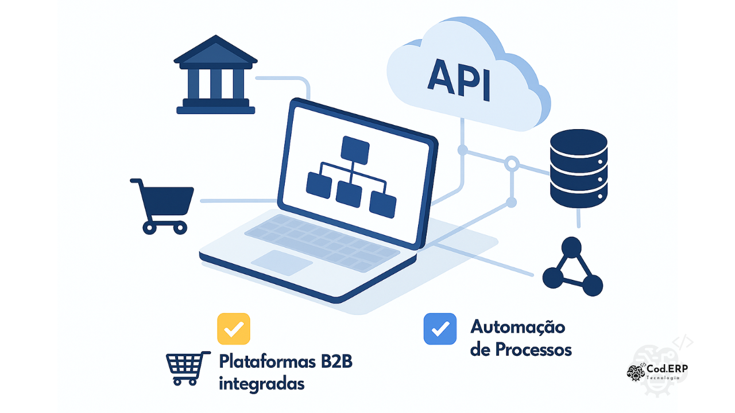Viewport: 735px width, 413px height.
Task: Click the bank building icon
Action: [x=215, y=76]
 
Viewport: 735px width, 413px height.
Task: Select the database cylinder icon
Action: [x=578, y=168]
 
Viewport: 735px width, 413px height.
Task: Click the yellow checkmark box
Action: [x=233, y=329]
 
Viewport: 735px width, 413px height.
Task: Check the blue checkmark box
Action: [x=440, y=329]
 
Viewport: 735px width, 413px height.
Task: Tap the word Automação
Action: [x=517, y=328]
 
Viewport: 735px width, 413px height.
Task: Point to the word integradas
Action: [x=261, y=383]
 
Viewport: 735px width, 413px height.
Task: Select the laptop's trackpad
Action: [x=282, y=263]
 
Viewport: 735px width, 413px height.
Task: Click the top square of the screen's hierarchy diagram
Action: [x=354, y=149]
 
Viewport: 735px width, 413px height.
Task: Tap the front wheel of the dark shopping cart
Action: [x=180, y=228]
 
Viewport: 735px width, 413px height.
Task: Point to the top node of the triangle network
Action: [x=571, y=248]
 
